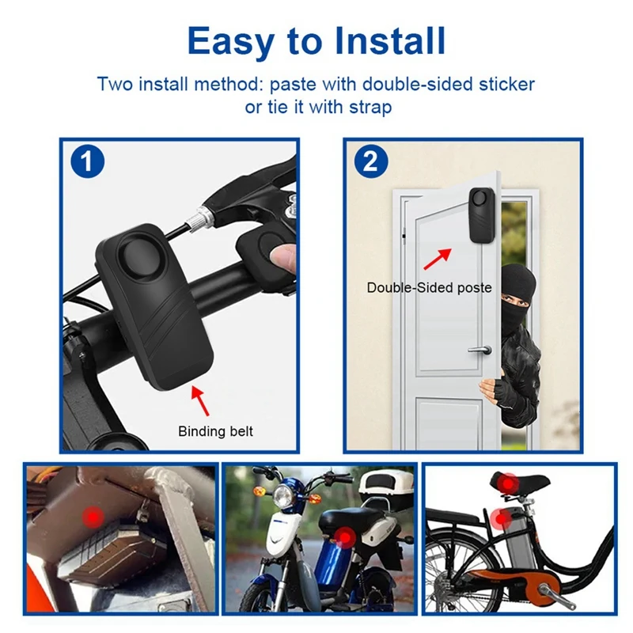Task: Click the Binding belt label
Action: point(215,431)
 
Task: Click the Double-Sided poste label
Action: point(429,288)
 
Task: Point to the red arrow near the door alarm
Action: point(436,257)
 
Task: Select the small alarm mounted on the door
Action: point(480,214)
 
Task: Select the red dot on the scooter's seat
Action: point(346,538)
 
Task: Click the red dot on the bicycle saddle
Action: point(506,482)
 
